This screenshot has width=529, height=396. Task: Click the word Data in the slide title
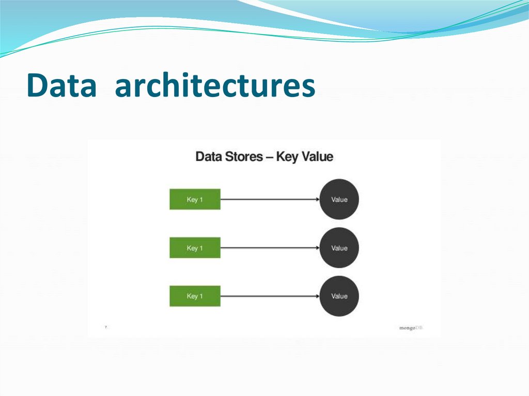61,86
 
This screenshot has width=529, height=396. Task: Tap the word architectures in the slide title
215,86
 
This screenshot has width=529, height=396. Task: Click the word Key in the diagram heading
287,156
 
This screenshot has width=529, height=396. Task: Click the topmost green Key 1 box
195,199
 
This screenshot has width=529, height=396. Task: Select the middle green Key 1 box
195,248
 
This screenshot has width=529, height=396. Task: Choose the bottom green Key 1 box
195,296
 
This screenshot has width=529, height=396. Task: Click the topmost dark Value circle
339,199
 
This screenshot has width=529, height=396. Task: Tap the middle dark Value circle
339,248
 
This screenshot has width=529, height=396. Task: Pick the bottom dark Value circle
339,296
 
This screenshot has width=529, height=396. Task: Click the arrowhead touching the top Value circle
316,199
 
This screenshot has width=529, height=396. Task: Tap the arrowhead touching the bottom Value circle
316,296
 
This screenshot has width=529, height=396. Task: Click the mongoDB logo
411,328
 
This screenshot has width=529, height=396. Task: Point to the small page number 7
106,327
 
